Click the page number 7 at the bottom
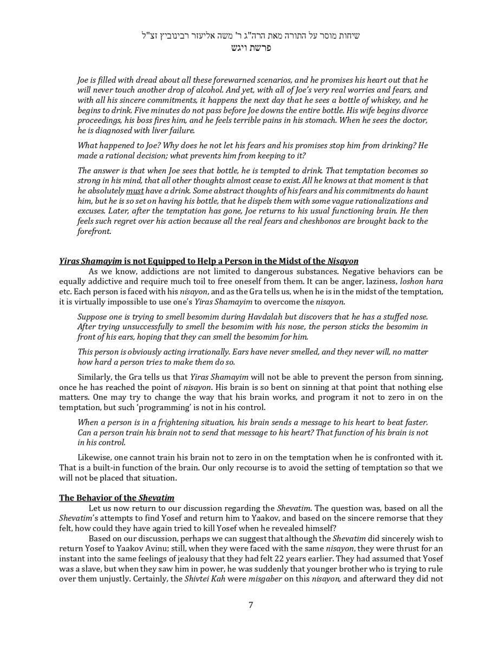251,605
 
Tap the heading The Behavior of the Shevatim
116,498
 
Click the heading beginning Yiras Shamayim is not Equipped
208,261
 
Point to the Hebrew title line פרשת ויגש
251,48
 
